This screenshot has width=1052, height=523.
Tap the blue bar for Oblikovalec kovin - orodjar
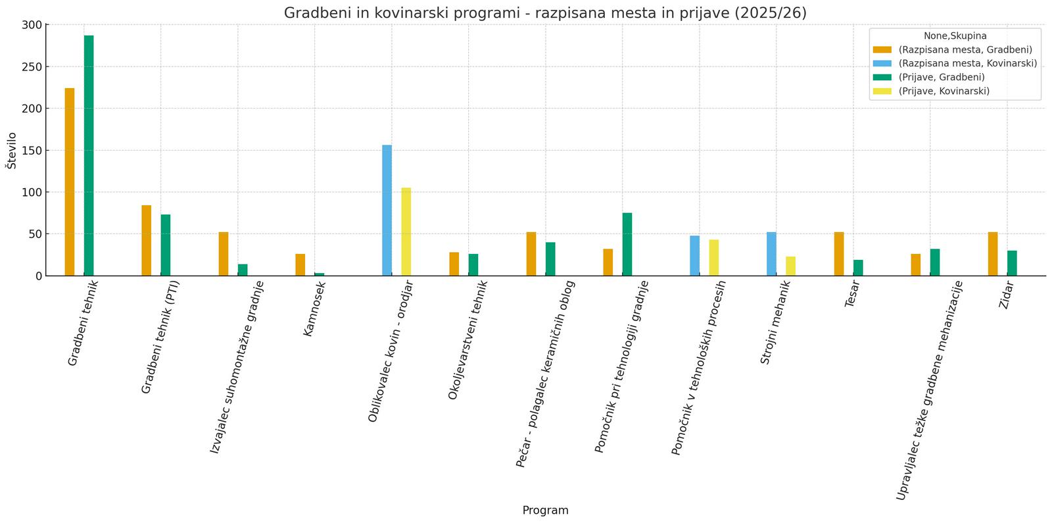click(x=387, y=210)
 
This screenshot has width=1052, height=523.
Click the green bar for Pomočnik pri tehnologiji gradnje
click(x=627, y=244)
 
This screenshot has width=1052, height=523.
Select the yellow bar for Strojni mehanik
click(x=790, y=266)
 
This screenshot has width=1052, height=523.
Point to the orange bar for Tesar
click(x=839, y=254)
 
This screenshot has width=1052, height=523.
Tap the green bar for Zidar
click(x=1012, y=263)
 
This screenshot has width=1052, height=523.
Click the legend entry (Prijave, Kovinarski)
click(x=944, y=91)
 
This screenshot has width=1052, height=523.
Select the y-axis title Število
click(x=11, y=150)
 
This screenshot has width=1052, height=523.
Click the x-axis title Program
click(x=545, y=511)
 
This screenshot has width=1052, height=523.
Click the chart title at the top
click(x=545, y=12)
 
